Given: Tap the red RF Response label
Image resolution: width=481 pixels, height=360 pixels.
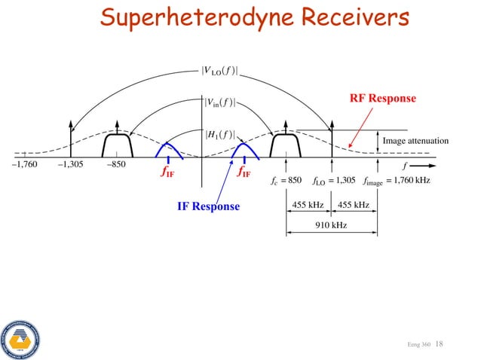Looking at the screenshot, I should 382,99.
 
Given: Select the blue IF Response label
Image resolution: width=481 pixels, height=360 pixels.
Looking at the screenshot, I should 208,206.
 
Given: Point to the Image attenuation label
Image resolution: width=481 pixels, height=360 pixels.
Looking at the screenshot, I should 415,141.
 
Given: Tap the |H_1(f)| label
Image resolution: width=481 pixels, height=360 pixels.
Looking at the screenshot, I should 219,136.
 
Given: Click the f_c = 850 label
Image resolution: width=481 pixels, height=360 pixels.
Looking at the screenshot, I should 286,181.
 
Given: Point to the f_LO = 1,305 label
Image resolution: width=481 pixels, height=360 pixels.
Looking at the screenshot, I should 333,181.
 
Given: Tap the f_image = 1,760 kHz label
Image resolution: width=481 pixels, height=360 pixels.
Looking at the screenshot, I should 396,181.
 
